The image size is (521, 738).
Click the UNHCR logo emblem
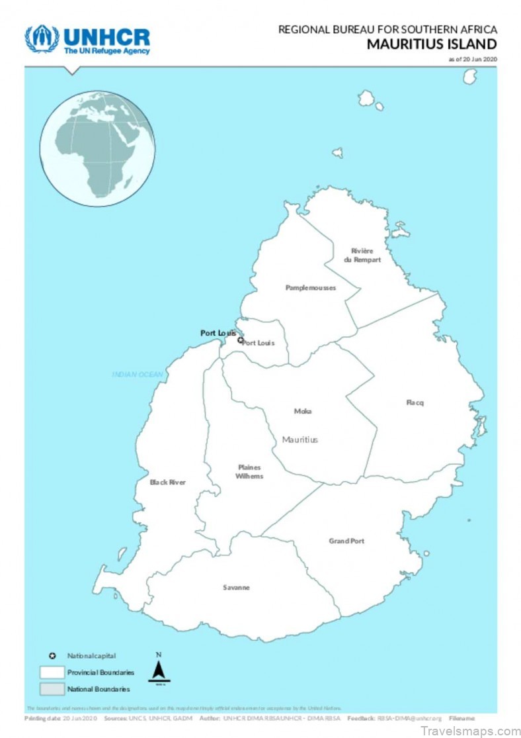[41, 39]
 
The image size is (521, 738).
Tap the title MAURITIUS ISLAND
[432, 44]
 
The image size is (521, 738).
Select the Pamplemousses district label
[311, 288]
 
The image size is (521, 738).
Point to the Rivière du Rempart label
[362, 255]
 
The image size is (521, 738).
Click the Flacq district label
[415, 402]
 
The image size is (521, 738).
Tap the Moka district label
[303, 411]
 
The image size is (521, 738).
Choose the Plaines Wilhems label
[250, 472]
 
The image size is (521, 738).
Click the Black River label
[168, 483]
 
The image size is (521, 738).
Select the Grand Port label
[346, 541]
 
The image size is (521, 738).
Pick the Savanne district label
[236, 588]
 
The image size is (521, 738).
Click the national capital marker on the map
[241, 340]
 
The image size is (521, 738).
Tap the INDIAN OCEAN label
[137, 375]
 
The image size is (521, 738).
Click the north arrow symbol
[159, 670]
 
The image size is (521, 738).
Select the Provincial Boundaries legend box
[52, 672]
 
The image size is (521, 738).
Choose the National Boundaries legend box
[52, 689]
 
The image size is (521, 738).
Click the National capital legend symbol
[52, 656]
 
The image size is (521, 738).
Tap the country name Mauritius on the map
[300, 439]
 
